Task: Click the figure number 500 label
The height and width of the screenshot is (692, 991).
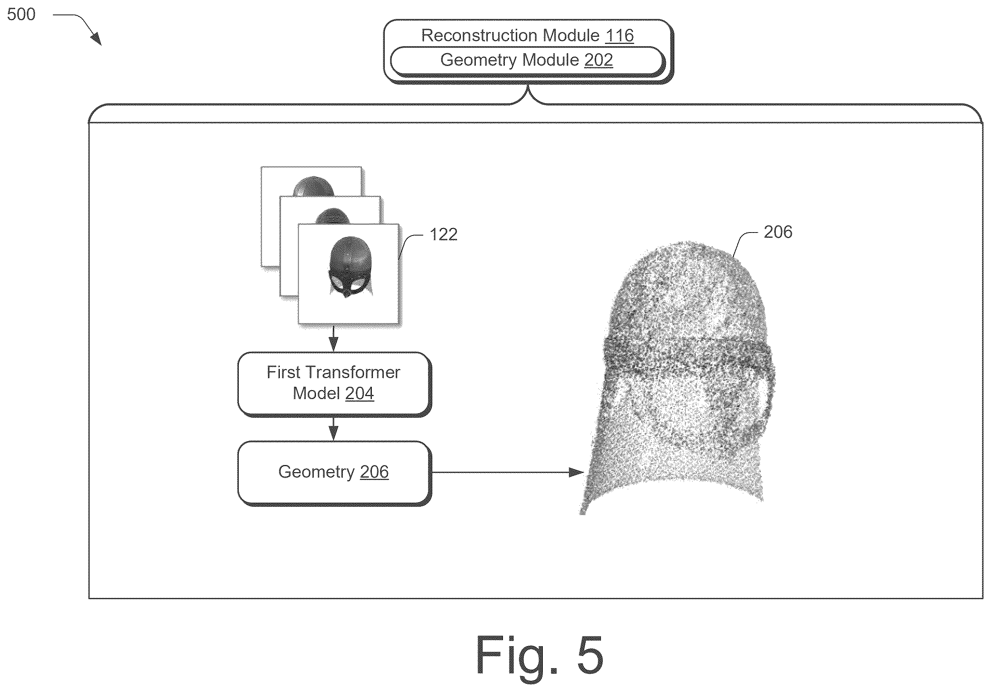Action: (21, 14)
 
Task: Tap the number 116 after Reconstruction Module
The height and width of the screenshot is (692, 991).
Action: (619, 35)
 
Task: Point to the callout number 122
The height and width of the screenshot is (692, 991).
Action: (443, 234)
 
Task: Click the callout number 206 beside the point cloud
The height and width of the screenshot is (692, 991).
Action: (778, 232)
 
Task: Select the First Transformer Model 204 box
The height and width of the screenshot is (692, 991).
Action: (334, 384)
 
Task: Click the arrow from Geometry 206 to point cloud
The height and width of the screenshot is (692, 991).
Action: (508, 472)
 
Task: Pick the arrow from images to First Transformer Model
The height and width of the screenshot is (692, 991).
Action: (333, 338)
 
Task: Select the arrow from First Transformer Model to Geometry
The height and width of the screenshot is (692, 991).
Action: (333, 428)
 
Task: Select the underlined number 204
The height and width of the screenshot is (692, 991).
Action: (360, 393)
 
